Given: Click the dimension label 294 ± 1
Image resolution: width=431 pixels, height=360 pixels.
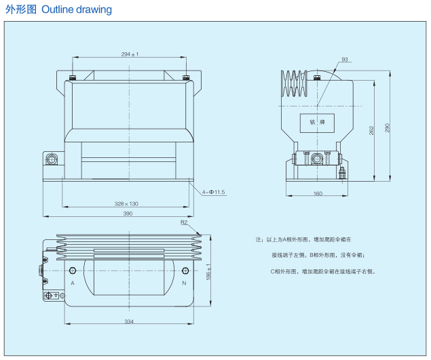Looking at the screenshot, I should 129,54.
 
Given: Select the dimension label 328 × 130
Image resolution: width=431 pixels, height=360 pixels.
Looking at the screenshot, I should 126,203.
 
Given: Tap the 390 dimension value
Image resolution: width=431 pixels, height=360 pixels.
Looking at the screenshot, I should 127,214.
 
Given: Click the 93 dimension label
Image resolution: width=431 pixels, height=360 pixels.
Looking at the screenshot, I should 345,60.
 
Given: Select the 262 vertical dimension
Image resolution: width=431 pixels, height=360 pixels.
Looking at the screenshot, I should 373,130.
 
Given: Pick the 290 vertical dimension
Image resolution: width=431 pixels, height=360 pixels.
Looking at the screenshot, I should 388,129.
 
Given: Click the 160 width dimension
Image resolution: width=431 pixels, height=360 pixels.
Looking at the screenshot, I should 318,194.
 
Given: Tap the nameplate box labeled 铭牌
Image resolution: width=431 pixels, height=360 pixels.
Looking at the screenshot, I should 318,123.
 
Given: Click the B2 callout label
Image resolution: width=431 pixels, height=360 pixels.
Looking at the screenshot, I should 184,222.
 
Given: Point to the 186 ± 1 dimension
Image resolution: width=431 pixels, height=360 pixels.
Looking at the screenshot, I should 208,273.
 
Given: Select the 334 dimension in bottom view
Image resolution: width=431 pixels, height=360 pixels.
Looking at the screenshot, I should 128,321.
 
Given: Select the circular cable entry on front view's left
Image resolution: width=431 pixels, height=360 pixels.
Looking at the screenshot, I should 51,160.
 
